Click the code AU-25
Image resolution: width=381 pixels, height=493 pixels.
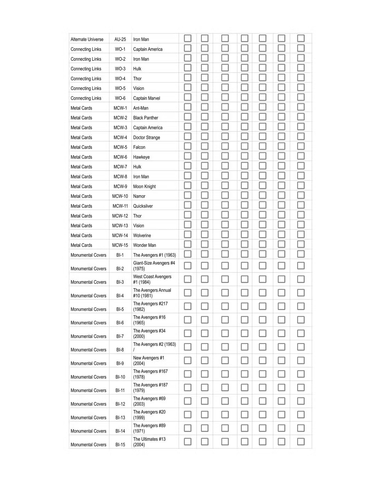point(120,39)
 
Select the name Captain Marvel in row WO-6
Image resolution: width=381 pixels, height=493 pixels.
point(147,98)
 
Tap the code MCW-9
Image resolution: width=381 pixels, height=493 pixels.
point(120,187)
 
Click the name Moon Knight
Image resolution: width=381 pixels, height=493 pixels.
point(144,187)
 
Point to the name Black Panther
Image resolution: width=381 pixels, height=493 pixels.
point(145,118)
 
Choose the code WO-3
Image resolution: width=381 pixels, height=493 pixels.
point(120,69)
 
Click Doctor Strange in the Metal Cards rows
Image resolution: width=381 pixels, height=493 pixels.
point(147,137)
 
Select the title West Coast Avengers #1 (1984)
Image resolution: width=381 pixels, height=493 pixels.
point(152,279)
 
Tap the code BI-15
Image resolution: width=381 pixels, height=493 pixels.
point(120,445)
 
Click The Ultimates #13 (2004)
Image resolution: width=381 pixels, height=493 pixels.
point(149,442)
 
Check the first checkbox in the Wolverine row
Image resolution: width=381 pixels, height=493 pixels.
point(188,234)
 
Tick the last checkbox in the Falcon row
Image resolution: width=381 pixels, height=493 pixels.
point(301,146)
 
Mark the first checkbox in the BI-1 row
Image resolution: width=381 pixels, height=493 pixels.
point(188,254)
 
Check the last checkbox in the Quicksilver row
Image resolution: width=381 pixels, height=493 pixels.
point(301,205)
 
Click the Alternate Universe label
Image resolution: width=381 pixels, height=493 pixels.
point(87,39)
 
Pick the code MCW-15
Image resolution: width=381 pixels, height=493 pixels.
point(120,245)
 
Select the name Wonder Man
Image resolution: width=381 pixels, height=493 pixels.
point(144,245)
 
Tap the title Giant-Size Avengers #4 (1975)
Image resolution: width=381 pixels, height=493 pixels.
point(154,266)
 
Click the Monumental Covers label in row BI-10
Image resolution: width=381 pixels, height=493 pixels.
point(88,377)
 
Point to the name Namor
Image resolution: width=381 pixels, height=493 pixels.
point(139,196)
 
